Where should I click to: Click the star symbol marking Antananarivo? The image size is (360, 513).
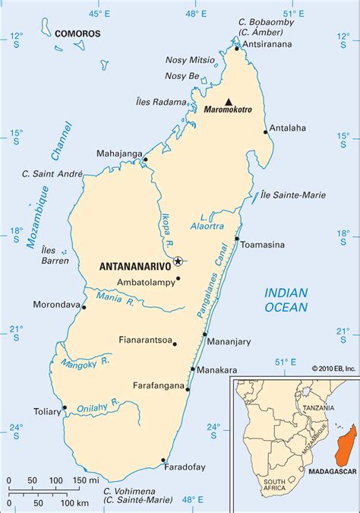point(178,261)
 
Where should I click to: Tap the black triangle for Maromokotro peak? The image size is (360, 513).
point(228,100)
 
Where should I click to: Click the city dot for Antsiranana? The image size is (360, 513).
point(237,49)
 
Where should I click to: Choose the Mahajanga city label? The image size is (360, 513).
point(119,154)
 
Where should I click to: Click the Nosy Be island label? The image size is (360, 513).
point(182,76)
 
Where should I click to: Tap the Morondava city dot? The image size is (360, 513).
point(84,308)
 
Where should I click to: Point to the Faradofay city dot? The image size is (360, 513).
point(164,460)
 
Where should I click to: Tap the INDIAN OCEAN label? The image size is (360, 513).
point(286,300)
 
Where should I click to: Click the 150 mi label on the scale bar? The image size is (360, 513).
point(85,481)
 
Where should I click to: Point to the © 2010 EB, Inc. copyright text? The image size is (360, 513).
point(333,369)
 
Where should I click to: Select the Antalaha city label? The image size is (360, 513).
point(288,128)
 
